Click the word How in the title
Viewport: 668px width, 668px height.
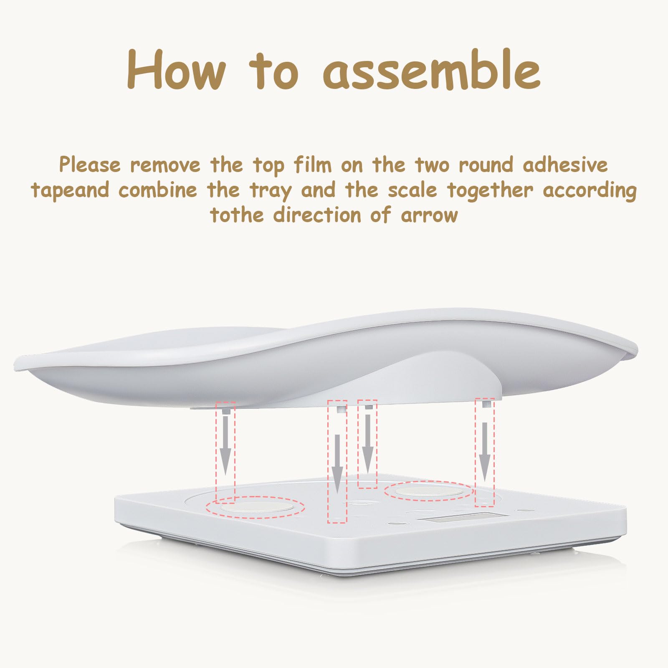coord(176,69)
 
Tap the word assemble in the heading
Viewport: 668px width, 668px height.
coord(432,68)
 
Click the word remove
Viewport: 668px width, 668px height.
coord(165,165)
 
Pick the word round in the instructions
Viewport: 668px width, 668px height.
coord(486,164)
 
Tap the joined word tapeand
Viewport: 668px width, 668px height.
coord(70,190)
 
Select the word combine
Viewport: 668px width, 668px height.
coord(157,190)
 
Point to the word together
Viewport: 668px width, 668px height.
coord(490,191)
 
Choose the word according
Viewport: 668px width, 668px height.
coord(590,191)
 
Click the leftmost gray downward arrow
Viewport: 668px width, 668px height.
coord(225,445)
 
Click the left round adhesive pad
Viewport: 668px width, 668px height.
coord(257,507)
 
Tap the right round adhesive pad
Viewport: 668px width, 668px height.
coord(429,491)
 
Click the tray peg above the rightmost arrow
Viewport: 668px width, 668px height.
coord(486,404)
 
